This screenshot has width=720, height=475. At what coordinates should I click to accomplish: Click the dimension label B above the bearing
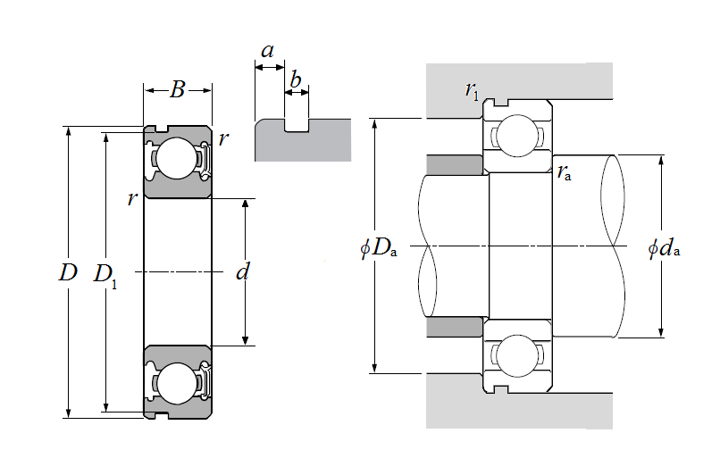pos(177,89)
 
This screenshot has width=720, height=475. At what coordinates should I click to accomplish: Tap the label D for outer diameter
pos(68,272)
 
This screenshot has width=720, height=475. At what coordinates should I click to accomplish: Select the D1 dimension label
pos(105,276)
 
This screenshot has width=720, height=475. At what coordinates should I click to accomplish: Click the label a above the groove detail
pos(268,51)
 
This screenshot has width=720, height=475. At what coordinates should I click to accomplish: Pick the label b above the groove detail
pos(296,79)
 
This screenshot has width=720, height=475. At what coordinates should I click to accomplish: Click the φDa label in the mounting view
pos(379,248)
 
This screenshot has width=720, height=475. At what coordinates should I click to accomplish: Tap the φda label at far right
pos(664,249)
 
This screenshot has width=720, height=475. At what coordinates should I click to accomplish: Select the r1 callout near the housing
pos(472,90)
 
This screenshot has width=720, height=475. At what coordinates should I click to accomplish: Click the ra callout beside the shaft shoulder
pos(565,172)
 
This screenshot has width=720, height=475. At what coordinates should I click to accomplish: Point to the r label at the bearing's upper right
pos(223,138)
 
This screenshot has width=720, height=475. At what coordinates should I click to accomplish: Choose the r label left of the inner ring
pos(132,199)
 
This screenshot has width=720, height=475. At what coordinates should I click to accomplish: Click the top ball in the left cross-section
pos(176,158)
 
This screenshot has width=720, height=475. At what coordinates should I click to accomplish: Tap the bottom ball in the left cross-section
pos(176,384)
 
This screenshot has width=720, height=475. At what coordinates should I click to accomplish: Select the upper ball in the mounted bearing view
pos(517,136)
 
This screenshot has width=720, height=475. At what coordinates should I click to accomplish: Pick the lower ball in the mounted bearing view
pos(517,356)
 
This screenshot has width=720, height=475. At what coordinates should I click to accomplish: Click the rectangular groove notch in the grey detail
pos(297,125)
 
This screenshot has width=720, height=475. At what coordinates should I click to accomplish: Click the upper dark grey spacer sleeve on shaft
pos(455,165)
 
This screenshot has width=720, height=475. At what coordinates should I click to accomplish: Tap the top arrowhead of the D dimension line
pos(69,131)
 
